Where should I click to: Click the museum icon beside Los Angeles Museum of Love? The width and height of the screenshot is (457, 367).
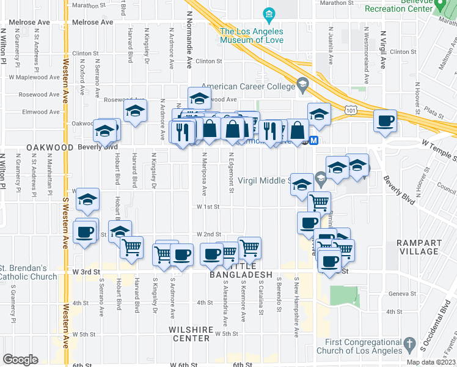pyautogui.click(x=268, y=14)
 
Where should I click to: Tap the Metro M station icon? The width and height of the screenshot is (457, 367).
pyautogui.click(x=314, y=140)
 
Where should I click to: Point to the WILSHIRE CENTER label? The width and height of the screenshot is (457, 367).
pyautogui.click(x=193, y=329)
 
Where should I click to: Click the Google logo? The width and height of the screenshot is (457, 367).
pyautogui.click(x=20, y=360)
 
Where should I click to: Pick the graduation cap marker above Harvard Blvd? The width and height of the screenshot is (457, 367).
pyautogui.click(x=135, y=111)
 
